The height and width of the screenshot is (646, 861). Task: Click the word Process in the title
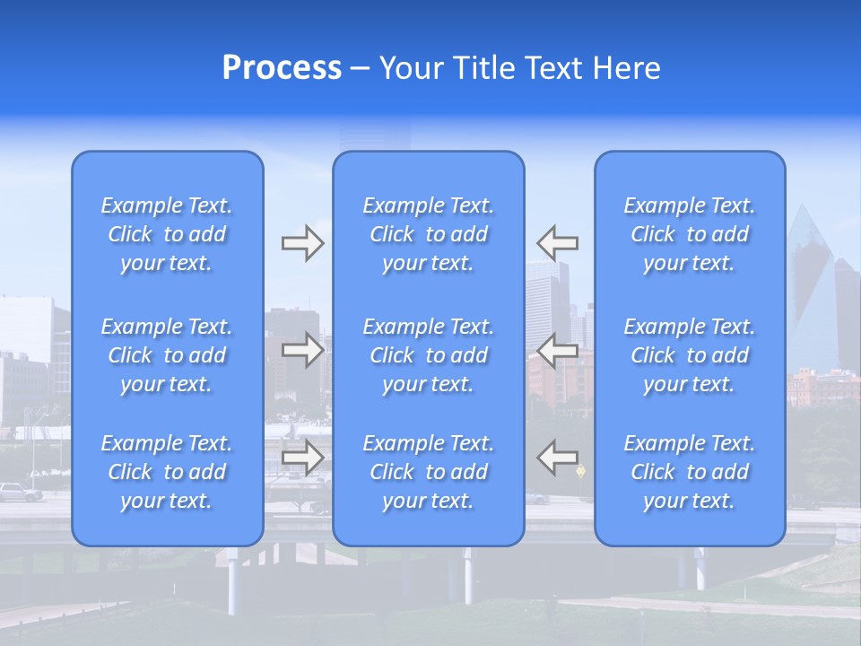[x=282, y=68]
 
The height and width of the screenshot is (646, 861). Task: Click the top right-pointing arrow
[x=302, y=243]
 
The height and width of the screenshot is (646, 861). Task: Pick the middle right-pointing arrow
[x=302, y=350]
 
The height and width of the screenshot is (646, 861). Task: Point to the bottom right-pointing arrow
[x=302, y=457]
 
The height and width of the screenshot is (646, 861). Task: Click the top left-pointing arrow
[x=557, y=243]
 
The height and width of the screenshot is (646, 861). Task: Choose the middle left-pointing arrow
[x=557, y=350]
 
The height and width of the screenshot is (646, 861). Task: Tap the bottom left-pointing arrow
[x=557, y=457]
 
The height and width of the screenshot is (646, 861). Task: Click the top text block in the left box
[x=167, y=234]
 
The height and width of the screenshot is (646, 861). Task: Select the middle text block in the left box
[x=167, y=355]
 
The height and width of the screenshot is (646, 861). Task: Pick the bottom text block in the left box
[x=167, y=472]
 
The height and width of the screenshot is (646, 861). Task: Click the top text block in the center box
[x=429, y=234]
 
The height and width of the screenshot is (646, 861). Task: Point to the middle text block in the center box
[x=429, y=355]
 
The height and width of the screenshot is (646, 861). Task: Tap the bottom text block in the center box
[x=429, y=472]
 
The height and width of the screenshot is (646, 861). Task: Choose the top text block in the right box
[x=690, y=234]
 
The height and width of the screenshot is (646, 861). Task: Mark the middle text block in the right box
[x=690, y=355]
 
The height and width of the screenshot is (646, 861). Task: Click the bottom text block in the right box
[x=690, y=472]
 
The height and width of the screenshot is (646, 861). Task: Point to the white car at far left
[x=20, y=492]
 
